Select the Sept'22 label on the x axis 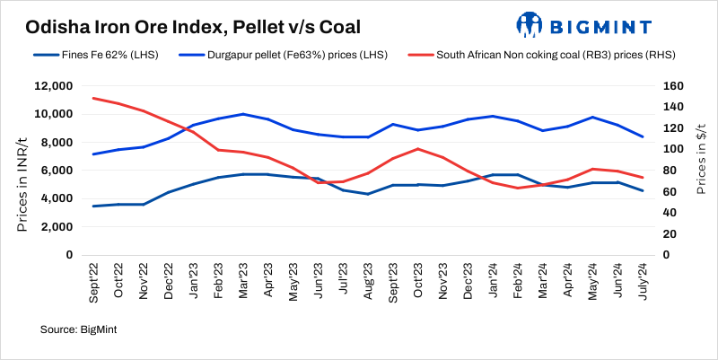(93, 280)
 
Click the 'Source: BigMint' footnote (79, 330)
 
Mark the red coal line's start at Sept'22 (93, 98)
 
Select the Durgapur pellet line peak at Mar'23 (243, 114)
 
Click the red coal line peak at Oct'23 (418, 149)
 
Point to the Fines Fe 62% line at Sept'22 (93, 206)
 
